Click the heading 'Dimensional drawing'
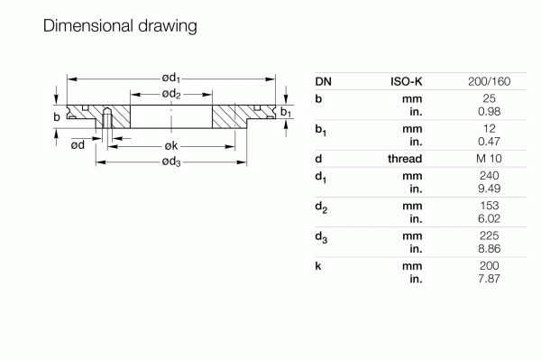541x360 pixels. point(120,26)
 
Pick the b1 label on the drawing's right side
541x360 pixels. point(285,112)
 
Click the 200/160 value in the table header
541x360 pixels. point(491,82)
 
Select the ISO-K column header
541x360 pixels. point(406,82)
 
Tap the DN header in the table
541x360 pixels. point(324,82)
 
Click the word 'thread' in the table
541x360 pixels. point(407,159)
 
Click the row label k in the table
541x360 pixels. point(319,268)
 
